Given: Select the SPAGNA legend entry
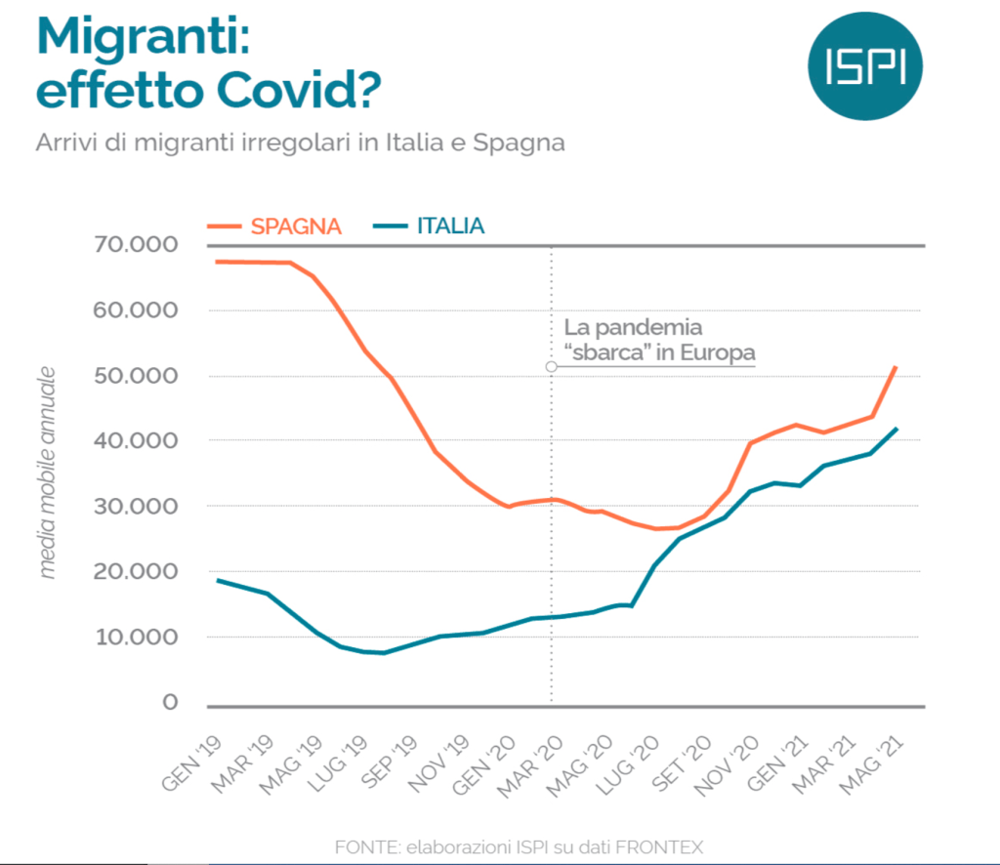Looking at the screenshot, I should pos(296,227).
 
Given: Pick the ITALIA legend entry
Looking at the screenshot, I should pos(450,227).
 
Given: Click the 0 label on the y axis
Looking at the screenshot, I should pos(172,703).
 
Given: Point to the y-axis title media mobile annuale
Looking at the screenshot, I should pos(48,473).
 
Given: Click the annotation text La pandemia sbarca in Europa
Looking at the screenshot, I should pos(659,340).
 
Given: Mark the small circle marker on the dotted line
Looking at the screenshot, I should pos(552,367).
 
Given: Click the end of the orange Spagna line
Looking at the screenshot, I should pos(896,367).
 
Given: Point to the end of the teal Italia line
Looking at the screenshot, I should pos(896,429).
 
